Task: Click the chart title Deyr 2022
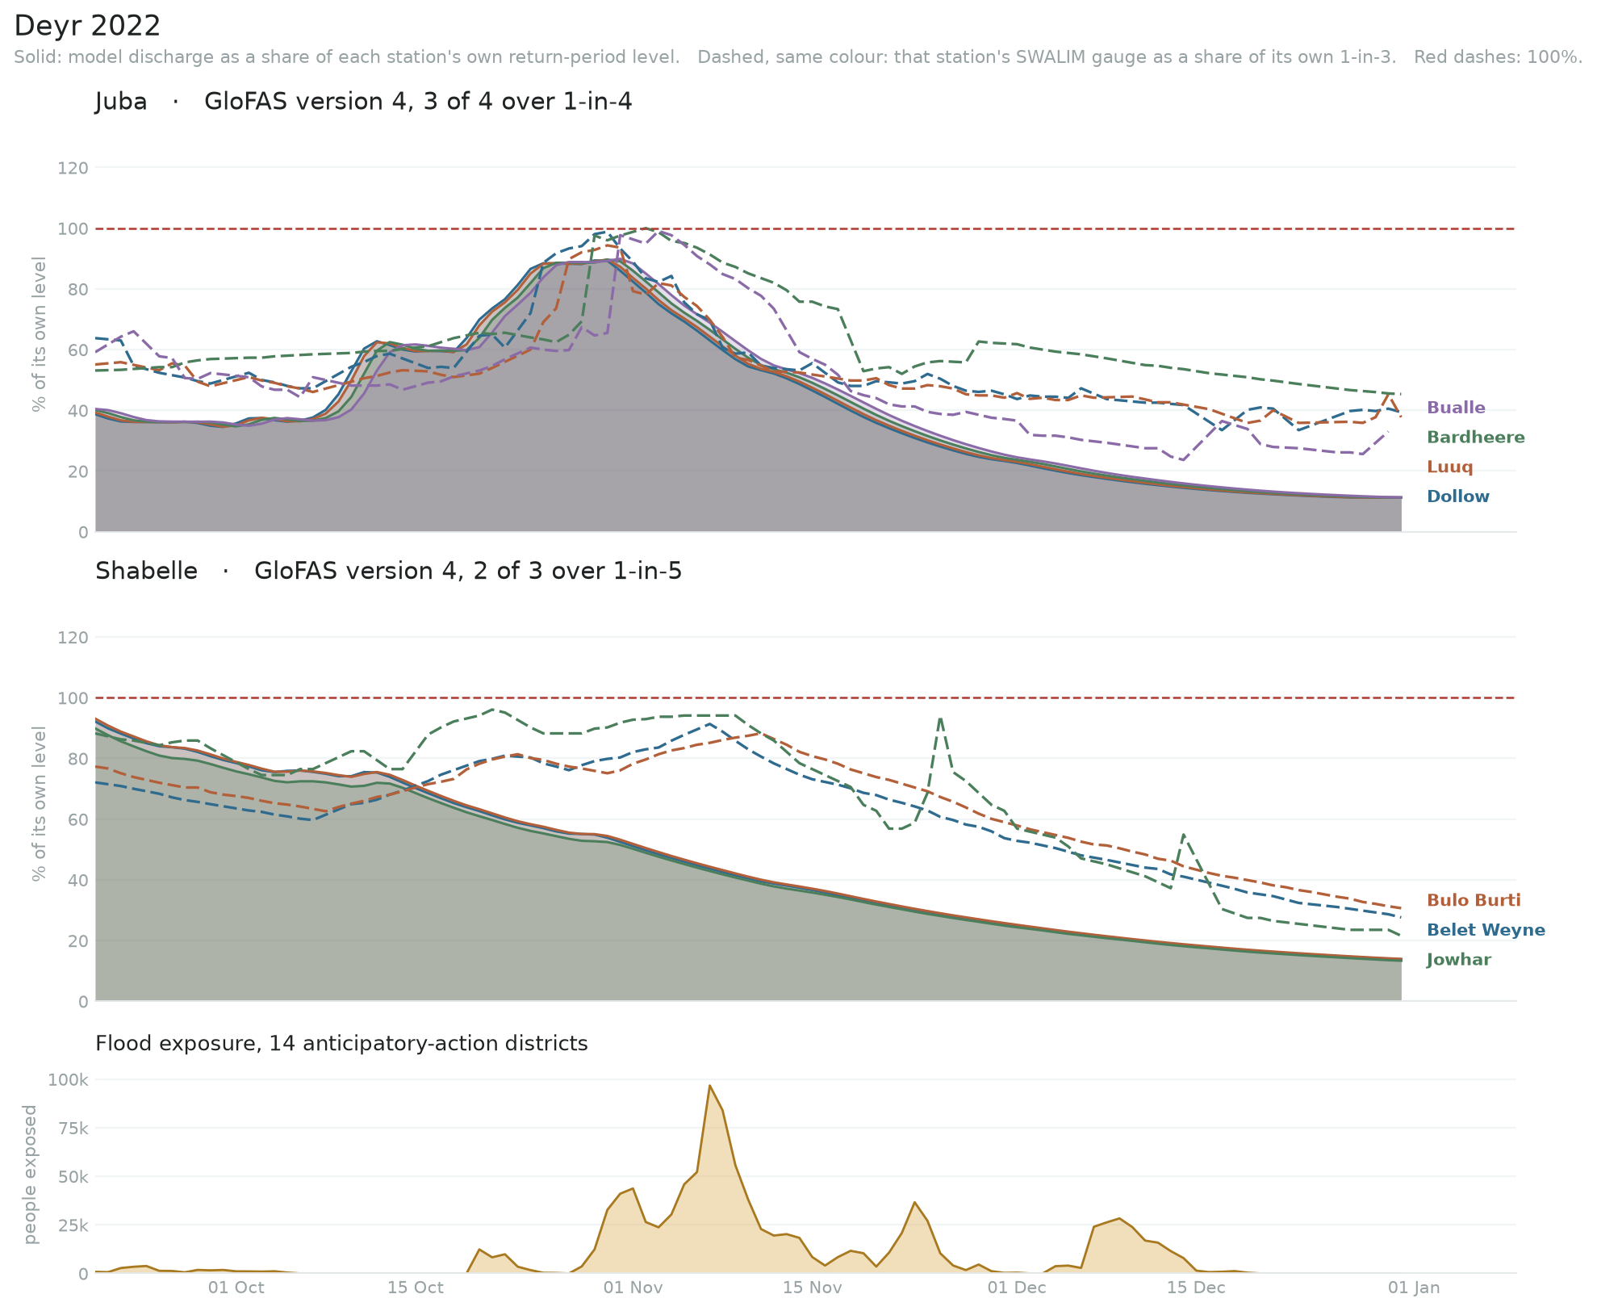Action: pos(87,26)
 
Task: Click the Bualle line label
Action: pos(1456,408)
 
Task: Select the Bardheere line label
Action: pos(1476,438)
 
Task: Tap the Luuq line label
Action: pos(1450,467)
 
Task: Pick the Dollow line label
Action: pos(1458,496)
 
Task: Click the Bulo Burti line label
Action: pos(1474,900)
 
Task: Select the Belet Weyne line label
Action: pos(1486,930)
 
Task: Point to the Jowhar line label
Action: pos(1459,960)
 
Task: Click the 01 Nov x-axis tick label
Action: pos(633,1288)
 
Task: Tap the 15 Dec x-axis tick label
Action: pos(1196,1288)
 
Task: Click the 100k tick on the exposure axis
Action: pos(69,1080)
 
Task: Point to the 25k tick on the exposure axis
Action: pos(73,1225)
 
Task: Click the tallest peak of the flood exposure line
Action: pos(709,1086)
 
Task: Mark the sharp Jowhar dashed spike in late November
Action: pos(940,718)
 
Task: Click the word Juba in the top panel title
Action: pos(121,102)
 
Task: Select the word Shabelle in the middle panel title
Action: pos(146,571)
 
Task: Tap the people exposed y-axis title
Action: pos(31,1175)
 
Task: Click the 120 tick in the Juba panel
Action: pos(73,168)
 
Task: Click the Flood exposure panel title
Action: pos(341,1044)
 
